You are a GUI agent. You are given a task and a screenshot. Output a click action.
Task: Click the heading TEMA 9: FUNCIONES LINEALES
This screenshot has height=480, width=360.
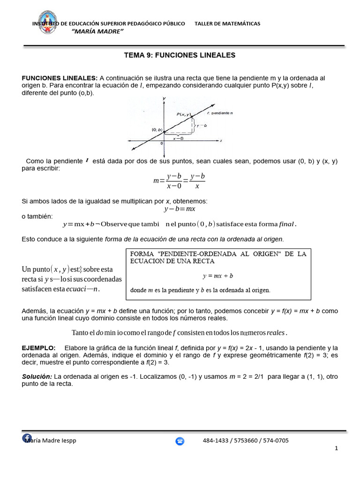180,55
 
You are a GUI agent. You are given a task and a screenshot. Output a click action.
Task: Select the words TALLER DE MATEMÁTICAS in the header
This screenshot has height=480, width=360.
227,23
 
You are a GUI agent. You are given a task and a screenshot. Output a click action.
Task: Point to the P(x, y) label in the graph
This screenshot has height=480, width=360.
183,114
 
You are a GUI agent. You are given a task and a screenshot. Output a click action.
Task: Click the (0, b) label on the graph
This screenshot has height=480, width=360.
157,130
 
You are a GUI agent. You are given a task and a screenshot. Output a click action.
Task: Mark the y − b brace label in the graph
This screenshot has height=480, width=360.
202,126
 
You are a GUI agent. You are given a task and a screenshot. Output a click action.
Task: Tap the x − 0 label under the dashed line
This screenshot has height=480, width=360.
178,139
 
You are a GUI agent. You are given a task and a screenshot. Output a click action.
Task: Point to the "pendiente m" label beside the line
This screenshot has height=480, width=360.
222,113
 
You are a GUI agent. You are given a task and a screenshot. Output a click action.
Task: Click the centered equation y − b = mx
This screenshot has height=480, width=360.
179,209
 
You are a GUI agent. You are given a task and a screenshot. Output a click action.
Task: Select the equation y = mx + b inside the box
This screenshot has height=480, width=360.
217,276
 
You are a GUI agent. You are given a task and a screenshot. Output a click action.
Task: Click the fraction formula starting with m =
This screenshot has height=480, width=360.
179,181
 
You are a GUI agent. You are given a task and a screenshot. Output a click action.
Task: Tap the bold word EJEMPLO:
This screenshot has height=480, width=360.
38,348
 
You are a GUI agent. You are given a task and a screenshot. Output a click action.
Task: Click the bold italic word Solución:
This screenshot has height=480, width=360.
37,376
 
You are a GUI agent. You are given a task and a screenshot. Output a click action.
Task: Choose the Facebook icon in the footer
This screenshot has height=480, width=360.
28,438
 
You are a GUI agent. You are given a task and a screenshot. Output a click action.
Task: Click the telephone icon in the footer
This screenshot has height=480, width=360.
180,441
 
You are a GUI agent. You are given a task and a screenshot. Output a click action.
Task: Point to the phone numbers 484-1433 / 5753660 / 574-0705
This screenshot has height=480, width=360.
246,441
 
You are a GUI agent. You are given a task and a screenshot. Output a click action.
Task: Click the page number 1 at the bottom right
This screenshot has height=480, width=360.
336,449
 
